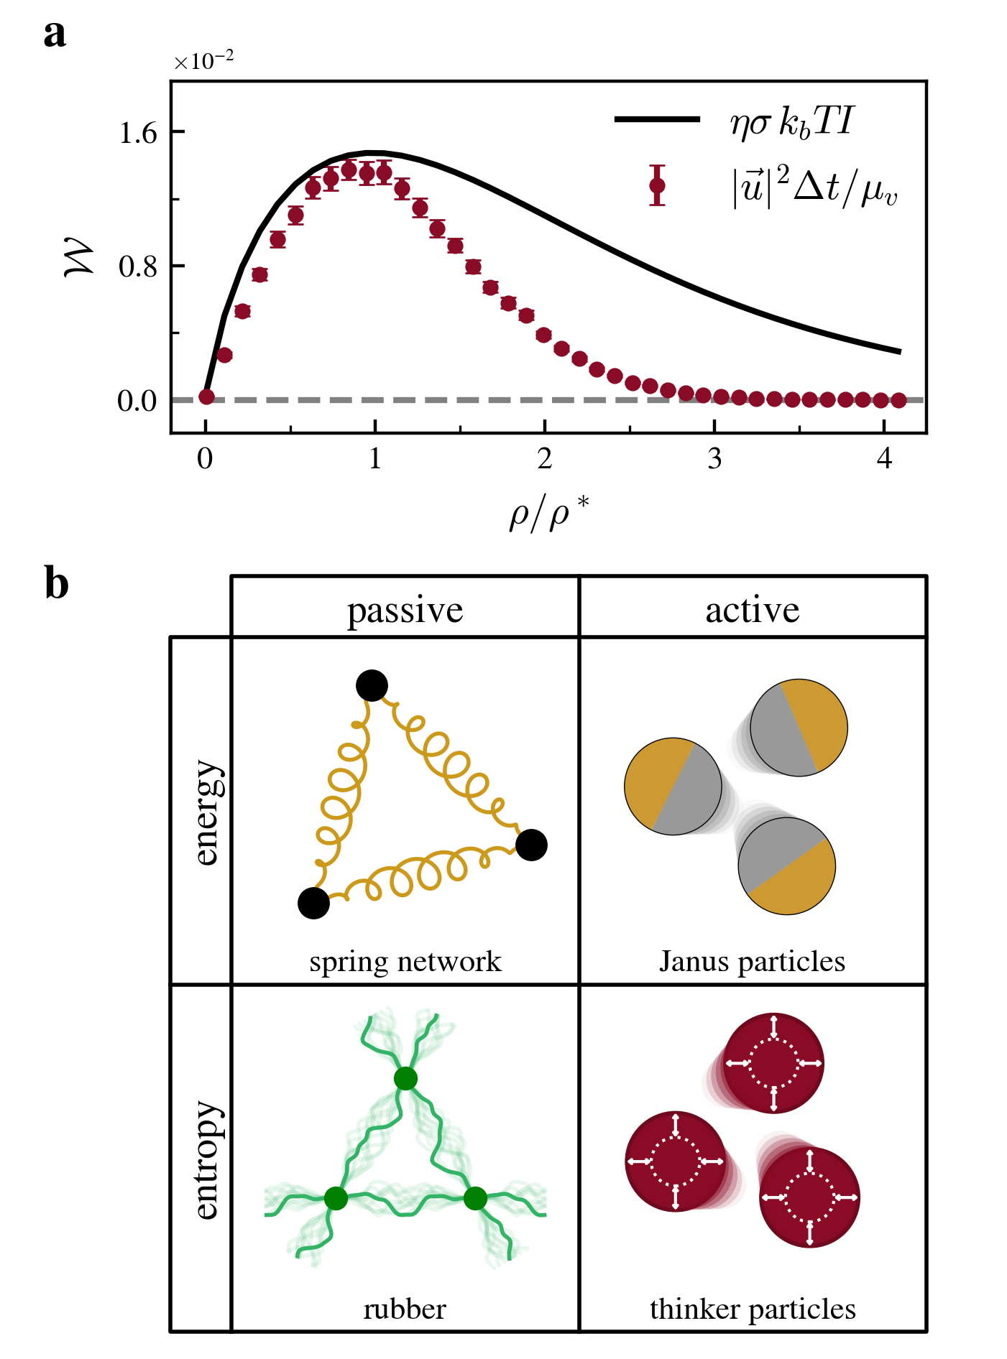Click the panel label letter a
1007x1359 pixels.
coord(55,34)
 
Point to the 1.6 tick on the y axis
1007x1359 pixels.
coord(138,133)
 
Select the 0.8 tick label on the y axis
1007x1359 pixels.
coord(138,266)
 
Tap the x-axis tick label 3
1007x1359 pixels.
coord(714,458)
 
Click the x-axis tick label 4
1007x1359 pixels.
coord(884,458)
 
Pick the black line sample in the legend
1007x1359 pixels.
coord(657,119)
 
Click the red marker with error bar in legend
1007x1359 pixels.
coord(657,185)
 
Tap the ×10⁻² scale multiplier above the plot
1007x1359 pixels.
coord(203,62)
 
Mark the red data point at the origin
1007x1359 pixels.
coord(206,397)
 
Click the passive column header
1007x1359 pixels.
coord(405,611)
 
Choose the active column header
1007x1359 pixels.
coord(752,611)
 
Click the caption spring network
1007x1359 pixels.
coord(405,961)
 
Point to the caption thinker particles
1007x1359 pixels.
coord(752,1309)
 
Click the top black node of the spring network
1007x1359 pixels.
coord(372,686)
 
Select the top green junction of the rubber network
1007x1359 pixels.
coord(405,1078)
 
